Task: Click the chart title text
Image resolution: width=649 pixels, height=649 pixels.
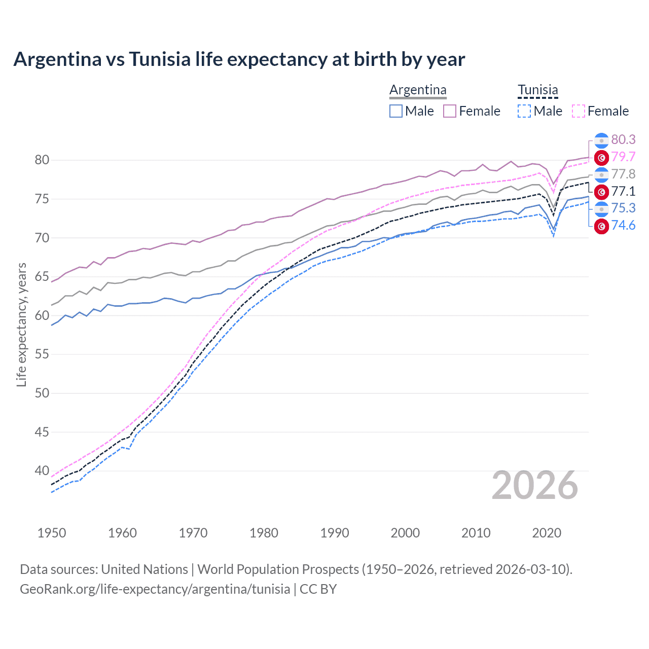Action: (239, 59)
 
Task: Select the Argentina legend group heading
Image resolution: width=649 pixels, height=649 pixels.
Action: (418, 90)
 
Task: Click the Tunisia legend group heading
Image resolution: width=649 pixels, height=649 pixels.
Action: (537, 90)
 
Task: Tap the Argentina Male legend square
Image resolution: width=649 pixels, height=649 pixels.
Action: (396, 111)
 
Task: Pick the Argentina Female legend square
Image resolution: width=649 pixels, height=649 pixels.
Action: (450, 111)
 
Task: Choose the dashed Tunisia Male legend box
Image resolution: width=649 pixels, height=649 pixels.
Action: (524, 111)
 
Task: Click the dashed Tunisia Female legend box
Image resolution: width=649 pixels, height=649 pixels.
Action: (578, 111)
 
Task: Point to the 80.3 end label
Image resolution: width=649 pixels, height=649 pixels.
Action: (623, 139)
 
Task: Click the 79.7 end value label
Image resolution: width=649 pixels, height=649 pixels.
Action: (623, 157)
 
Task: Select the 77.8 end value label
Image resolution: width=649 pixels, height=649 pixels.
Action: (623, 174)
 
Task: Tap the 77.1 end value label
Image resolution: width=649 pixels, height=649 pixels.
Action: (623, 191)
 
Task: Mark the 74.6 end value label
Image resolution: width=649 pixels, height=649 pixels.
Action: (623, 225)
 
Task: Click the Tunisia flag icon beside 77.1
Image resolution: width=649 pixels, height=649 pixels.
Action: (601, 192)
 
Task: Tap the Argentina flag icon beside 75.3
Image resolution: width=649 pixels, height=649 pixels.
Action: (601, 208)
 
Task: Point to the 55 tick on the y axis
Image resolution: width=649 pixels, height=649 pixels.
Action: (42, 354)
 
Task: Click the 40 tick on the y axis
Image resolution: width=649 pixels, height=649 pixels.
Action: (42, 471)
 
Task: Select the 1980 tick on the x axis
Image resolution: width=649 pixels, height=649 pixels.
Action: (264, 533)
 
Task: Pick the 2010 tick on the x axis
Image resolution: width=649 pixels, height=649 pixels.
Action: (476, 533)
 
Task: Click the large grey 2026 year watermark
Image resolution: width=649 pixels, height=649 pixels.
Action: (534, 485)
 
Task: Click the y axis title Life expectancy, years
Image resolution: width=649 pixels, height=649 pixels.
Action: (21, 324)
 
